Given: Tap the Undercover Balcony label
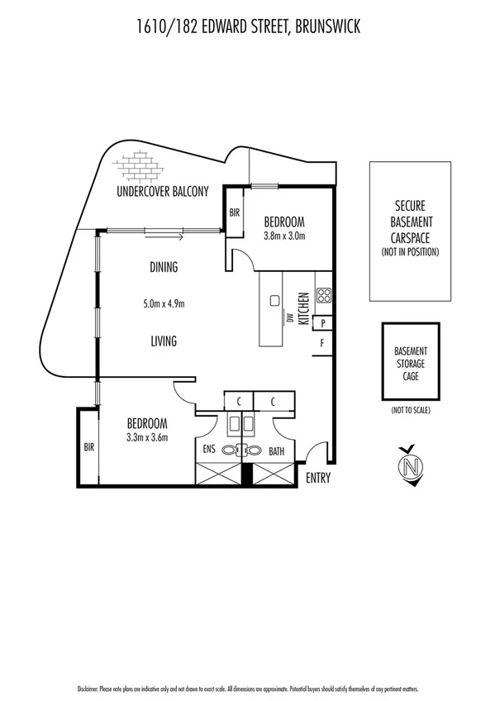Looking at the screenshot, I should tap(162, 191).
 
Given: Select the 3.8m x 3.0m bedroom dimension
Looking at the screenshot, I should tap(284, 236).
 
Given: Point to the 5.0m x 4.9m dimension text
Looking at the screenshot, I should tap(164, 303).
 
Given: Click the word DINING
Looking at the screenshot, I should tap(164, 267).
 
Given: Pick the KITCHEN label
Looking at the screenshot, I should tap(303, 307).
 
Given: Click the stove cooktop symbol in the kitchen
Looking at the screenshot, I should tap(323, 295).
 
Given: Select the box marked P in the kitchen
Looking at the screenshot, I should tap(323, 323).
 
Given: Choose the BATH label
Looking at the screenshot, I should tap(277, 451).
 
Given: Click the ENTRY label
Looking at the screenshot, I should tap(317, 479).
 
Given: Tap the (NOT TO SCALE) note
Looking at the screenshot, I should tap(410, 411).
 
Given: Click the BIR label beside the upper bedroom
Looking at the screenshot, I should tap(235, 213).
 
